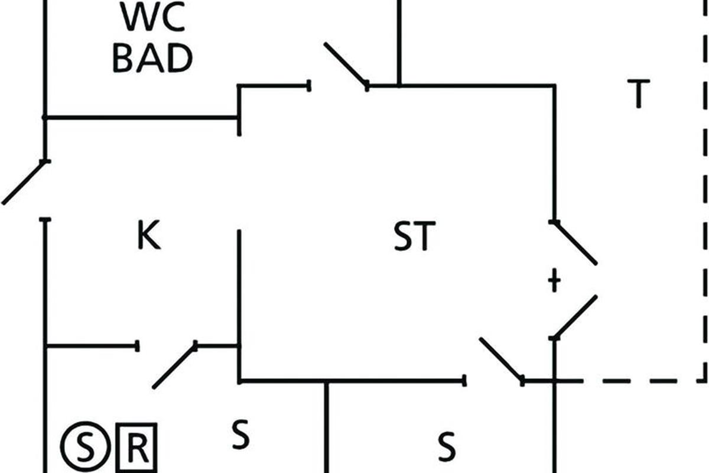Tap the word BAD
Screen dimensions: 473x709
point(152,59)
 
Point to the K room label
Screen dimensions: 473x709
point(148,236)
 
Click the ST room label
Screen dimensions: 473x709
point(414,236)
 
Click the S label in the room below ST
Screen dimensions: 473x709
point(447,446)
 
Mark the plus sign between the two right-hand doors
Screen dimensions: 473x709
point(554,281)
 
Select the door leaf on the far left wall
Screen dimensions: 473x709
point(24,182)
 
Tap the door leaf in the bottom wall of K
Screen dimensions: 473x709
point(174,366)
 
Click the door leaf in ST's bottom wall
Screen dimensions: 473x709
point(502,359)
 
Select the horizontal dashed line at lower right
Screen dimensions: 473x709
point(632,381)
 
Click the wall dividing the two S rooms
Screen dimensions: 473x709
point(326,429)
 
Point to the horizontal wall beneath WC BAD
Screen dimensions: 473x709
point(142,118)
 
